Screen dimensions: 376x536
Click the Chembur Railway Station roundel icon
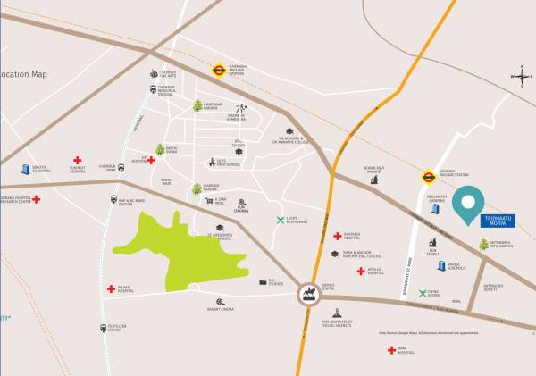(218, 68)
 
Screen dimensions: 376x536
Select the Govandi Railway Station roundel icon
(428, 176)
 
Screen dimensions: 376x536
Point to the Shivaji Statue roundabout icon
(309, 293)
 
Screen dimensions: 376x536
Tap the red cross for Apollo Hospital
(360, 271)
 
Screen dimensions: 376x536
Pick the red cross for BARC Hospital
(391, 350)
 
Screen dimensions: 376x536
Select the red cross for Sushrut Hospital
(78, 161)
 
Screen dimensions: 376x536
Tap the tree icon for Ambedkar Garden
(197, 105)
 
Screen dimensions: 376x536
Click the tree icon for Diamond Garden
(197, 189)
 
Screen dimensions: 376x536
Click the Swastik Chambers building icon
(25, 169)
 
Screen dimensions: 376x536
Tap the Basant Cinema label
(220, 309)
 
